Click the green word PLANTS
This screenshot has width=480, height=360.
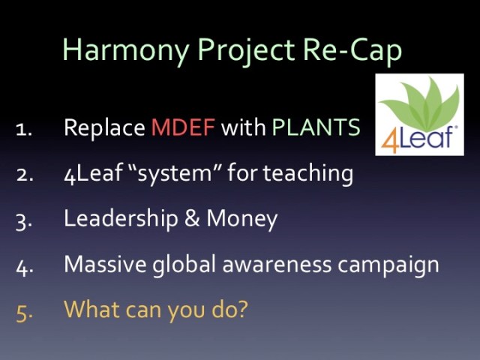click(x=316, y=127)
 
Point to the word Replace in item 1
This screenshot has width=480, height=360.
click(x=104, y=127)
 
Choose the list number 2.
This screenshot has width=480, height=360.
click(x=22, y=174)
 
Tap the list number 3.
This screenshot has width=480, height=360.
click(x=22, y=219)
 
